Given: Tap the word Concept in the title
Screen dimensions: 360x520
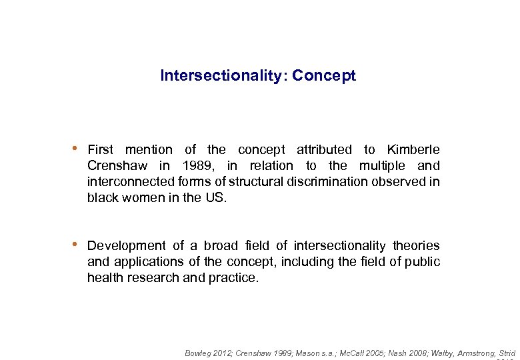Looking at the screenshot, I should click(324, 76).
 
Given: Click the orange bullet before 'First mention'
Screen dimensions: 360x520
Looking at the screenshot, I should click(77, 148).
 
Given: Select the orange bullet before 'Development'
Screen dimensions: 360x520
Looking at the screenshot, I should click(77, 244).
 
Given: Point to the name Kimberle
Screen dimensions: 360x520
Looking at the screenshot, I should click(413, 150).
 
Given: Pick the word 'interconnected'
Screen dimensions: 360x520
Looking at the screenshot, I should click(131, 182).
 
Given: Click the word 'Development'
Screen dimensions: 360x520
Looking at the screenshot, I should click(127, 246).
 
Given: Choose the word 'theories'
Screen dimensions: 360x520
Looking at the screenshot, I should click(416, 246).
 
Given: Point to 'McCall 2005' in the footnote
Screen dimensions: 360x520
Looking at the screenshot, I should click(354, 353).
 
